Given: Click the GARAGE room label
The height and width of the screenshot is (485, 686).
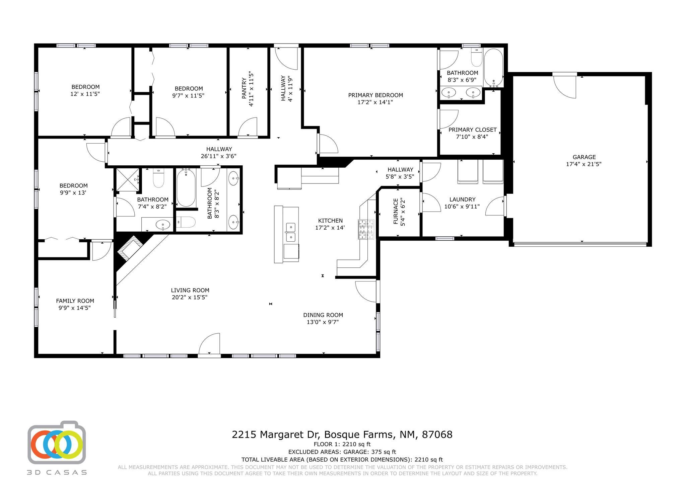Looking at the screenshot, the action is tap(584, 157).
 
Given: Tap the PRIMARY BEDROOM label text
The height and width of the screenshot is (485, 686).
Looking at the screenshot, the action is tap(375, 95).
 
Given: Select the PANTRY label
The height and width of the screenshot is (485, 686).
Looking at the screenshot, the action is tap(244, 88).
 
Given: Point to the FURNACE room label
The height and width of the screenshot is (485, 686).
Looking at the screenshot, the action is tap(396, 211).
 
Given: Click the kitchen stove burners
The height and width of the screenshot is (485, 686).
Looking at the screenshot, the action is tap(366, 229).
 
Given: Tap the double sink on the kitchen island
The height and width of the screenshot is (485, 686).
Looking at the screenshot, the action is tap(290, 232).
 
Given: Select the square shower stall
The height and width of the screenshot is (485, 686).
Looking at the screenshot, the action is tap(127, 180).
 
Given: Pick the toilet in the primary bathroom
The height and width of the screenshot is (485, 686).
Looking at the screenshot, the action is tap(476, 57).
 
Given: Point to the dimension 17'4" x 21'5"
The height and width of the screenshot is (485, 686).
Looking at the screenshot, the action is tap(584, 164).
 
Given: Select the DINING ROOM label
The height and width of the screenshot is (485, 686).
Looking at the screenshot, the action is tap(323, 315).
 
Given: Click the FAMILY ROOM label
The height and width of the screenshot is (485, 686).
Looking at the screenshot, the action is tap(75, 301).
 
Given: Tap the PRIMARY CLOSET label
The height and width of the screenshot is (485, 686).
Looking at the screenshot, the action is tap(473, 130).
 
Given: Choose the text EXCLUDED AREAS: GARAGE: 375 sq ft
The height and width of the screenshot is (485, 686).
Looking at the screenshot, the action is tap(342, 452).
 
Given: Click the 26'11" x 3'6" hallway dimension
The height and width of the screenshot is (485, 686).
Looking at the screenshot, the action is tap(219, 156).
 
